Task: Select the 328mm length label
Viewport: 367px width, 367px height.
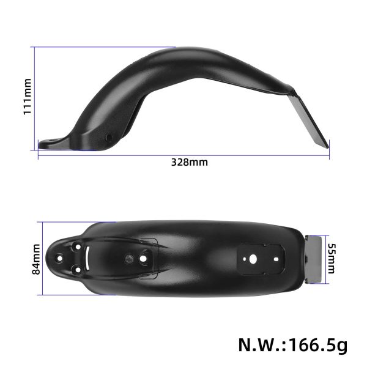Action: (188, 163)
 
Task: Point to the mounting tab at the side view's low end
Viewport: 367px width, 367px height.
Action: (52, 144)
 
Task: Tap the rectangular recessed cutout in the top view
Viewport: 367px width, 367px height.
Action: (261, 258)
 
